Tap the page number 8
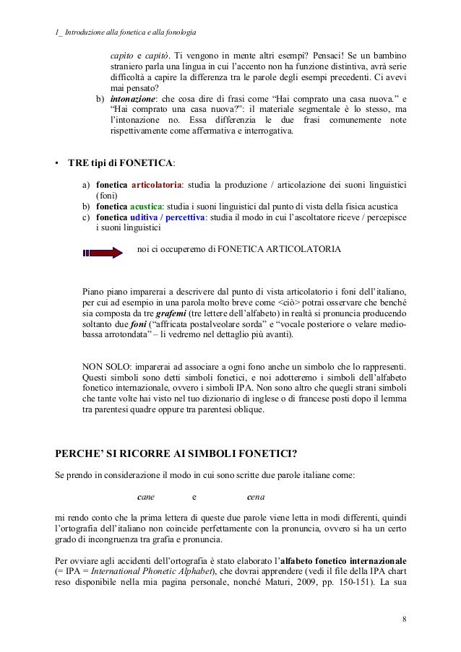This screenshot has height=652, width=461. pos(404,619)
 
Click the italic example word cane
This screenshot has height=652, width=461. pos(147,497)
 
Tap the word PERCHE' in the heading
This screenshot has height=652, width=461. pos(80,453)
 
